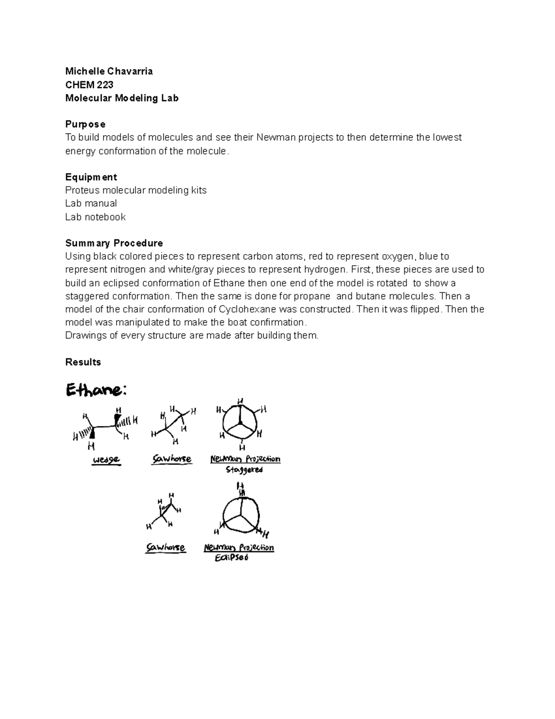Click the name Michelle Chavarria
click(x=109, y=71)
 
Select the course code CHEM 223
click(x=89, y=84)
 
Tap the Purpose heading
click(x=85, y=124)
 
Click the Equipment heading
click(x=91, y=177)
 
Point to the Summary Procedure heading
click(x=114, y=243)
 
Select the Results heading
click(x=83, y=362)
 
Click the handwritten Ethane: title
click(x=96, y=391)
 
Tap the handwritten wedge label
click(x=106, y=460)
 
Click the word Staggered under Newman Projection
click(x=244, y=470)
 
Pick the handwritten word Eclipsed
click(x=231, y=558)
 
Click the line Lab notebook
click(x=95, y=217)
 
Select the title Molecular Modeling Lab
click(x=122, y=98)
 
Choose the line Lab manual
click(x=91, y=203)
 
